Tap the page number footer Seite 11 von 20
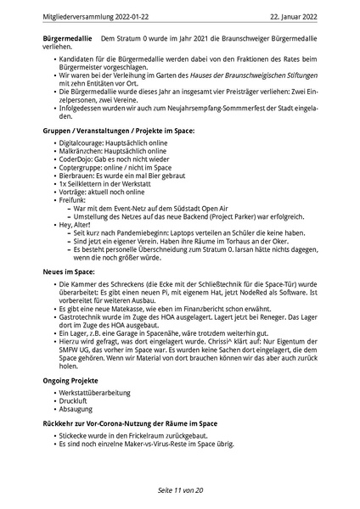coord(179,490)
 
